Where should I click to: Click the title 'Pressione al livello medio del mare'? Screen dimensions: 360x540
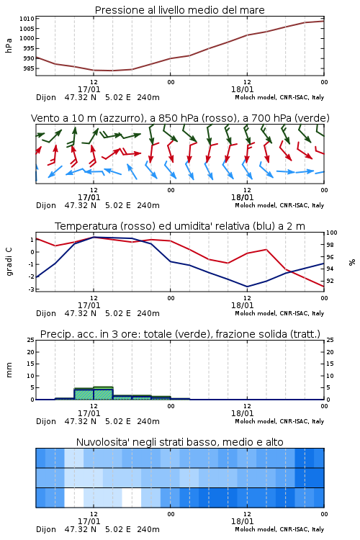click(x=179, y=10)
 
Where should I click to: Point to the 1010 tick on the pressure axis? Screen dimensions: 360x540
click(x=27, y=19)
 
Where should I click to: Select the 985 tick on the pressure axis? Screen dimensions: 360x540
click(x=29, y=68)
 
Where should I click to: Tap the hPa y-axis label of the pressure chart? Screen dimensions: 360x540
click(x=9, y=45)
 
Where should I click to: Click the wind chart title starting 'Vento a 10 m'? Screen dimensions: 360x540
click(x=180, y=118)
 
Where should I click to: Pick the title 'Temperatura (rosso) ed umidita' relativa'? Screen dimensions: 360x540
click(x=180, y=226)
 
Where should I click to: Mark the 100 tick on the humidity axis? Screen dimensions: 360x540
click(x=332, y=233)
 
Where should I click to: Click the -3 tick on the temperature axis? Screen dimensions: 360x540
click(x=32, y=289)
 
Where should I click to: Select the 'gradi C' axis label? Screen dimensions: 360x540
click(x=9, y=262)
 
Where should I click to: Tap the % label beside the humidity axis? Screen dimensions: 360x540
click(x=352, y=262)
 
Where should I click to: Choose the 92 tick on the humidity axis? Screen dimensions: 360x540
click(x=330, y=281)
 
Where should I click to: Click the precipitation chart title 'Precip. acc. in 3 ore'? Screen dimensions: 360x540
click(x=180, y=334)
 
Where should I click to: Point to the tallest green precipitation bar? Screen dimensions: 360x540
click(x=104, y=393)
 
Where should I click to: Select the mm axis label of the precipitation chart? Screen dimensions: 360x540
click(x=9, y=370)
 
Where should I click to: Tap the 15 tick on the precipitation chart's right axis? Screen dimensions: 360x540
click(x=330, y=364)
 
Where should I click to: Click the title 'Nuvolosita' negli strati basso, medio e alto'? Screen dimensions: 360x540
click(x=179, y=442)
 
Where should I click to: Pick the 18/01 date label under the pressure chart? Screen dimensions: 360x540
click(x=243, y=89)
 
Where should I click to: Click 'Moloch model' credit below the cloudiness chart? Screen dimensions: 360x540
click(x=256, y=529)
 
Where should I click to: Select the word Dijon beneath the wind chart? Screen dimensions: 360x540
click(x=46, y=206)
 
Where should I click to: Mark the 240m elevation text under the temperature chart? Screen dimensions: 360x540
click(x=148, y=313)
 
